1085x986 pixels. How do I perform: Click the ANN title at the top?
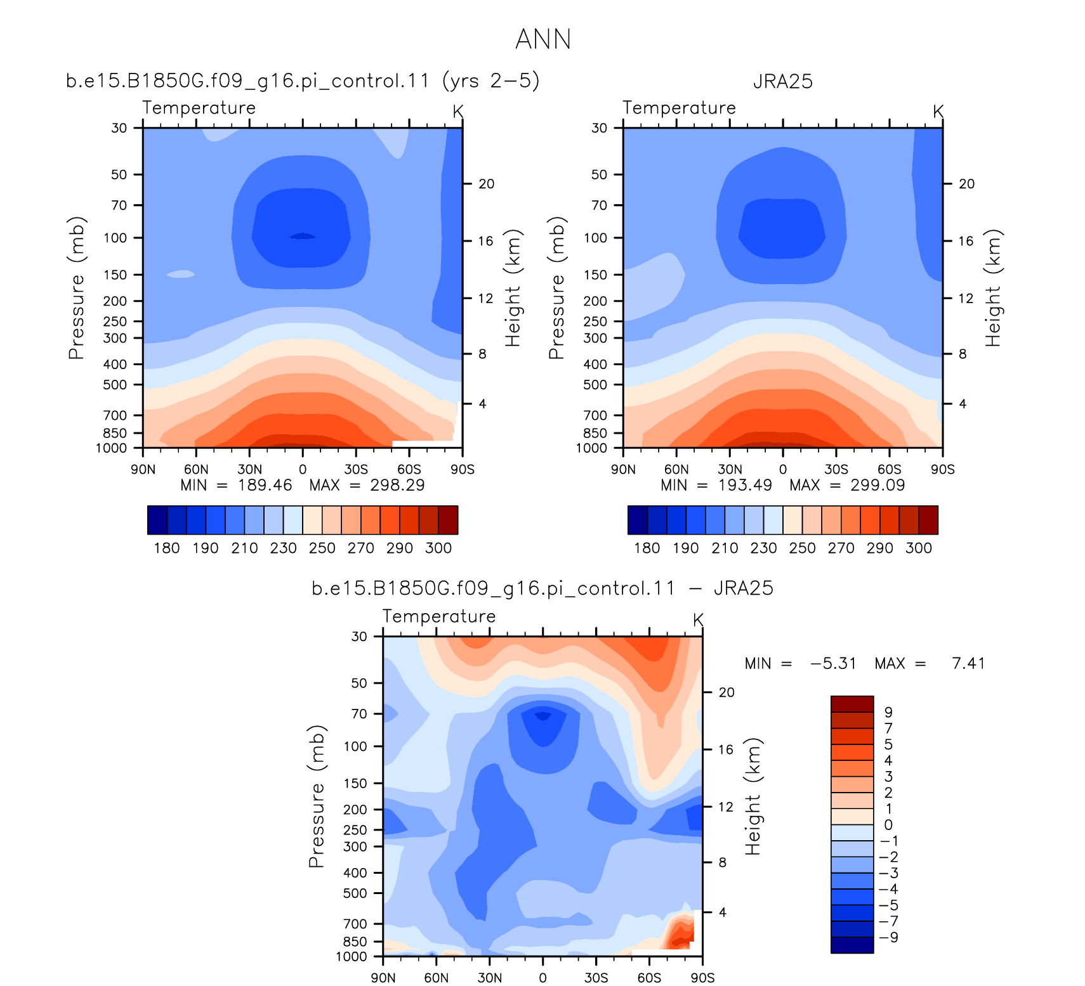pyautogui.click(x=543, y=39)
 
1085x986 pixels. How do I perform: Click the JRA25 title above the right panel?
pyautogui.click(x=783, y=82)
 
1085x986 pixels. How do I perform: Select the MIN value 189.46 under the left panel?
pyautogui.click(x=265, y=485)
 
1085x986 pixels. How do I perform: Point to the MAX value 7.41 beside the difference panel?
pyautogui.click(x=968, y=663)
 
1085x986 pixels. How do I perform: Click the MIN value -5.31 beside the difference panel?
pyautogui.click(x=833, y=663)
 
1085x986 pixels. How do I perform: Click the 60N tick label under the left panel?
pyautogui.click(x=196, y=469)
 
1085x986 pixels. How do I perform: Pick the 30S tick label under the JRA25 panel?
pyautogui.click(x=836, y=469)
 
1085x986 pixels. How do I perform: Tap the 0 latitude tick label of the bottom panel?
pyautogui.click(x=542, y=978)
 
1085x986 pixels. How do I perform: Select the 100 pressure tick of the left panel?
pyautogui.click(x=115, y=238)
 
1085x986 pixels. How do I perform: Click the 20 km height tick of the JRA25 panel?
pyautogui.click(x=966, y=184)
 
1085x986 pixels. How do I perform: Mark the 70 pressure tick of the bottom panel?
pyautogui.click(x=359, y=714)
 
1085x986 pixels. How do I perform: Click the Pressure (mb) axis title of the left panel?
pyautogui.click(x=76, y=289)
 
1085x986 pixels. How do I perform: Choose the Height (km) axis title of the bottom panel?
pyautogui.click(x=752, y=797)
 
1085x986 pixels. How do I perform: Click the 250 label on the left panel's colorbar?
pyautogui.click(x=322, y=548)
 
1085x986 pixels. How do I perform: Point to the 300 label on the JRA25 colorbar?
pyautogui.click(x=919, y=548)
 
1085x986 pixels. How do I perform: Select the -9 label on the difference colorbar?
pyautogui.click(x=888, y=937)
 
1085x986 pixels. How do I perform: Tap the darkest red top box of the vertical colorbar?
pyautogui.click(x=852, y=704)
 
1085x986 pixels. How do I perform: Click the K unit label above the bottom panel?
pyautogui.click(x=698, y=620)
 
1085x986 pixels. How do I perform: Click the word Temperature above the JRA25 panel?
pyautogui.click(x=679, y=108)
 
